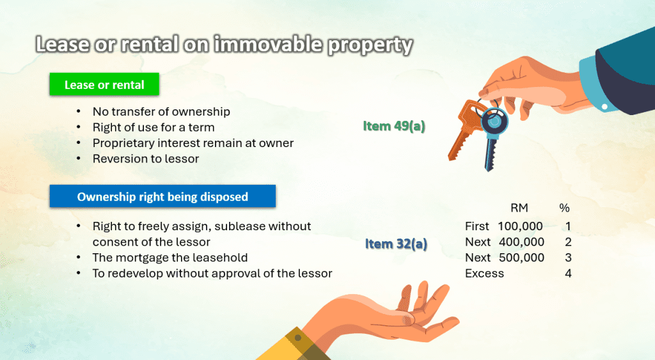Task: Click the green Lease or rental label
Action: click(104, 84)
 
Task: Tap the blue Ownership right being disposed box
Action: click(162, 196)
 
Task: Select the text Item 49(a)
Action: click(394, 126)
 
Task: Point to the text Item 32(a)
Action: click(396, 244)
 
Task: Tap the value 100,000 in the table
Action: click(520, 226)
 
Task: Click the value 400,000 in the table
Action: click(521, 242)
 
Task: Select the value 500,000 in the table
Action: click(521, 258)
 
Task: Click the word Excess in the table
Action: click(485, 274)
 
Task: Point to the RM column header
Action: click(519, 208)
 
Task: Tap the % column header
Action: click(564, 208)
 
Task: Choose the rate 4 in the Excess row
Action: click(568, 274)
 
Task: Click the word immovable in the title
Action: click(268, 45)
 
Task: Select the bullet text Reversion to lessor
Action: click(146, 159)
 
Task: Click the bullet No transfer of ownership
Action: click(161, 111)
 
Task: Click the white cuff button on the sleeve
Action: click(604, 107)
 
